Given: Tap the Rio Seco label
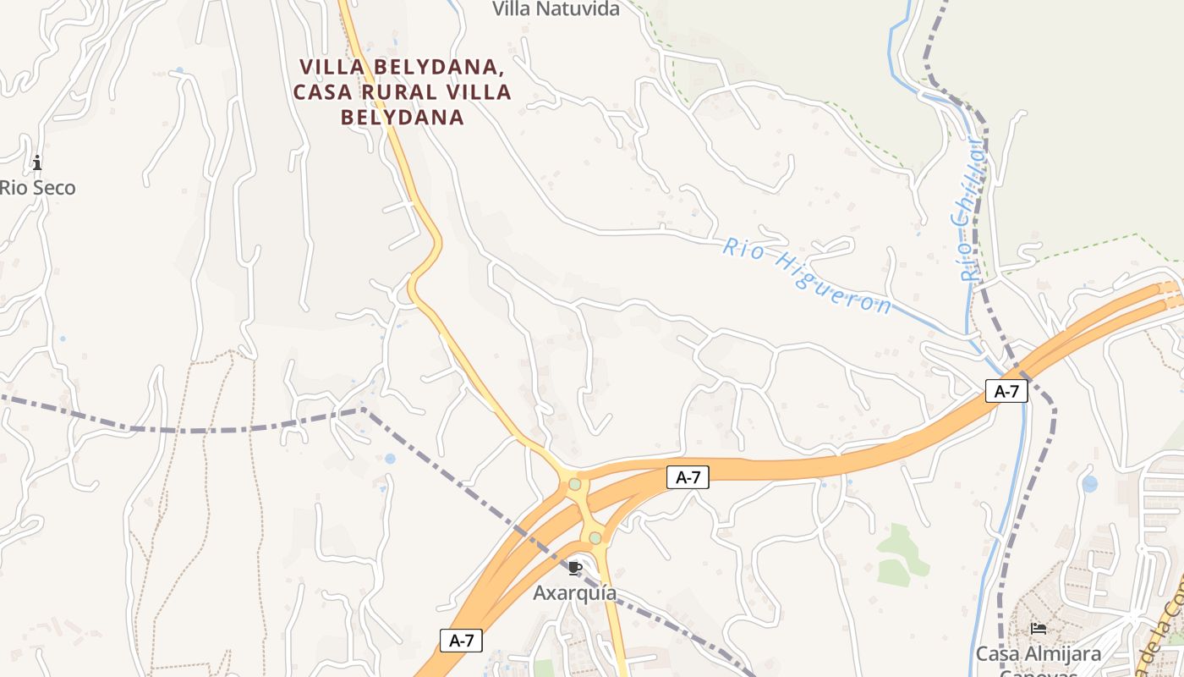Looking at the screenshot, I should [37, 188].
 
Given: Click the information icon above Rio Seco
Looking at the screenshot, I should [36, 162].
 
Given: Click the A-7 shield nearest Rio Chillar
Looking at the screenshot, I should [1006, 391].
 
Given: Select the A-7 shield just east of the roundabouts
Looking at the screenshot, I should [688, 477].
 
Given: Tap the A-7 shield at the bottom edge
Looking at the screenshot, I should [461, 641].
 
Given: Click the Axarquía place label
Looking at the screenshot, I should [574, 593].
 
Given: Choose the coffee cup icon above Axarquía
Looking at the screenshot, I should [575, 568].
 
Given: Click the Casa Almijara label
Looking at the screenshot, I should [1039, 654].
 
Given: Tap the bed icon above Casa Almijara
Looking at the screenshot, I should [1039, 629].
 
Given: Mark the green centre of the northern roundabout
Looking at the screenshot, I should [575, 484].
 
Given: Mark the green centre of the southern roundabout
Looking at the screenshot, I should [595, 537].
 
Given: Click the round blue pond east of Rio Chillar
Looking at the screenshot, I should [1089, 484].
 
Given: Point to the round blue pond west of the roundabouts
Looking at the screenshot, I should [389, 459].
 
